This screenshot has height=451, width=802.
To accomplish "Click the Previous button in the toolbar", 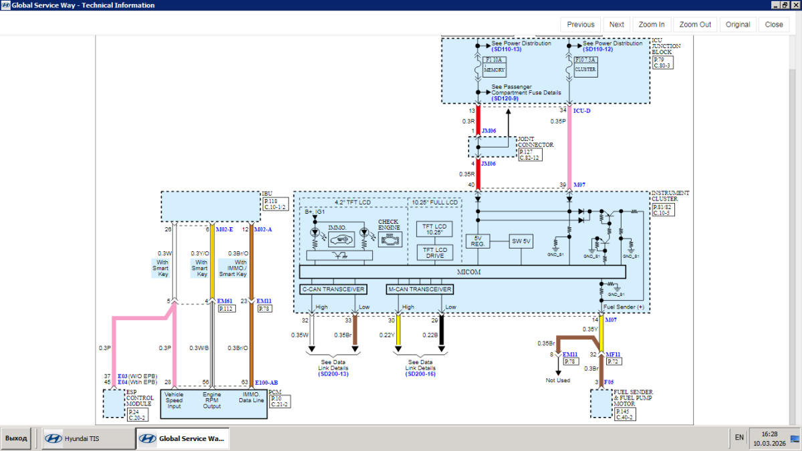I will pyautogui.click(x=581, y=25).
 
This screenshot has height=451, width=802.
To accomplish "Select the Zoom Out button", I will pyautogui.click(x=695, y=25).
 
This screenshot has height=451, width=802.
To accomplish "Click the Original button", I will pyautogui.click(x=738, y=25).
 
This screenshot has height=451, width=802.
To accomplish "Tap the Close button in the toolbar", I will pyautogui.click(x=774, y=25).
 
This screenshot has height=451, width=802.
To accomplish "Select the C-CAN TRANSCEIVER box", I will pyautogui.click(x=333, y=289).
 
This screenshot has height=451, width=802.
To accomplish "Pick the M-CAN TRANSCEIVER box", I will pyautogui.click(x=420, y=289).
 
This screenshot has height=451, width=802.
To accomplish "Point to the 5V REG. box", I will pyautogui.click(x=478, y=241).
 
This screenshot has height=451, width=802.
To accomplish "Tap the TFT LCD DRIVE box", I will pyautogui.click(x=434, y=253).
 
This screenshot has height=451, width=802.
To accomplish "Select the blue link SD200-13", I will pyautogui.click(x=333, y=374).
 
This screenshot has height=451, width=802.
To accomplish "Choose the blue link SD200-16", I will pyautogui.click(x=420, y=374).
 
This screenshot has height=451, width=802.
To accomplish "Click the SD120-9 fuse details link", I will pyautogui.click(x=505, y=98).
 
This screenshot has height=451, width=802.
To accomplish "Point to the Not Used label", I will pyautogui.click(x=557, y=380).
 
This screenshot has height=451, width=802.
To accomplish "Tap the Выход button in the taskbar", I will pyautogui.click(x=16, y=438).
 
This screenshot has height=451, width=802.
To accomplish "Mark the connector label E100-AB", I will pyautogui.click(x=267, y=383).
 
